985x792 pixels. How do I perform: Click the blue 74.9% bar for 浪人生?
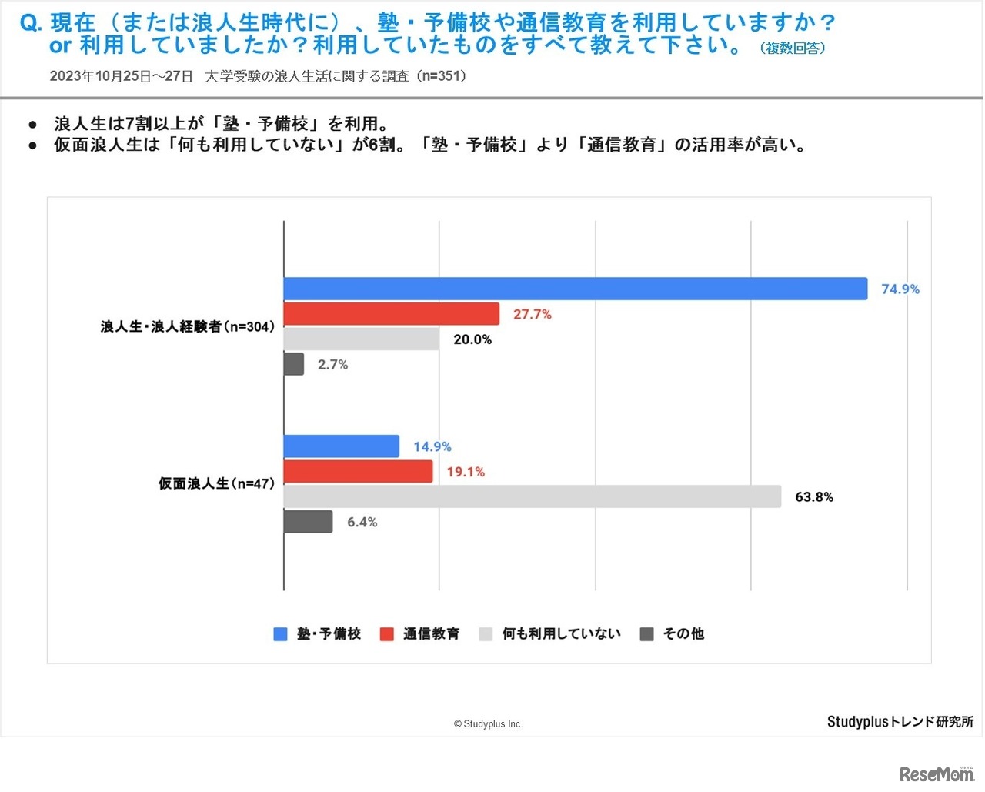click(x=576, y=289)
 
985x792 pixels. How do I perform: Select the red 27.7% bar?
click(x=392, y=314)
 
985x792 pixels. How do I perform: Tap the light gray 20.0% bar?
click(x=362, y=339)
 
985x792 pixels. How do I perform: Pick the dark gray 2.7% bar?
click(x=294, y=364)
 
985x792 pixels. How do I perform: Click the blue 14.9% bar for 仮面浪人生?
click(x=342, y=446)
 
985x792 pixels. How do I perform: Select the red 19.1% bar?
click(x=359, y=472)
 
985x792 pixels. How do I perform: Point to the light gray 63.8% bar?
click(x=533, y=496)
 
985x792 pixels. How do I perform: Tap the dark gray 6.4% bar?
click(x=309, y=522)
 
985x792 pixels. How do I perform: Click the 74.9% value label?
click(x=900, y=289)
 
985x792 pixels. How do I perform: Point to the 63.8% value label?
click(x=814, y=497)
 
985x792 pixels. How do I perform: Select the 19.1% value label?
click(x=466, y=472)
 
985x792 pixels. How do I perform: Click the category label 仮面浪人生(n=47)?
click(x=216, y=483)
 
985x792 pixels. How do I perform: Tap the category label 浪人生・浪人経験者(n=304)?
click(x=187, y=326)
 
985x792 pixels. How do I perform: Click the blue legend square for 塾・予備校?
click(x=280, y=634)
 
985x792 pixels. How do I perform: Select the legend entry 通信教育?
click(x=431, y=633)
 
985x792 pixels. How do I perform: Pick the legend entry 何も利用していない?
click(x=561, y=633)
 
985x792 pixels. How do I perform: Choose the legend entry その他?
click(x=683, y=633)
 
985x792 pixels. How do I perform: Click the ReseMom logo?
click(x=936, y=774)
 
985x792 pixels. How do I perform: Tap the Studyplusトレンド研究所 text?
click(x=900, y=722)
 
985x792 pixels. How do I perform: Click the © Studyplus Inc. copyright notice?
click(x=488, y=724)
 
